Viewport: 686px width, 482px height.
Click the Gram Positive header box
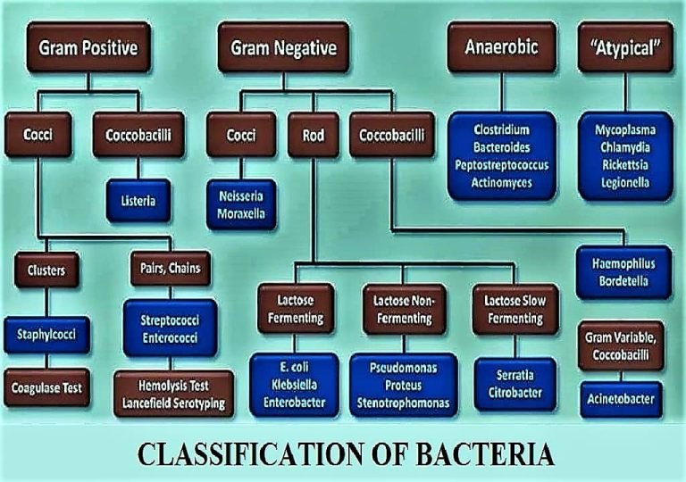pyautogui.click(x=88, y=47)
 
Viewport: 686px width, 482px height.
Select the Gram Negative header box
pyautogui.click(x=283, y=47)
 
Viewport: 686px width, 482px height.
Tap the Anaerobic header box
pyautogui.click(x=501, y=46)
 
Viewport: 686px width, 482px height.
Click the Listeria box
pyautogui.click(x=138, y=201)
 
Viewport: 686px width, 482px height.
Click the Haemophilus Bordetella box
pyautogui.click(x=623, y=272)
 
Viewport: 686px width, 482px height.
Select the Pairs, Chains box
pyautogui.click(x=170, y=268)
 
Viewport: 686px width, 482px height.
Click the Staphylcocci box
pyautogui.click(x=46, y=335)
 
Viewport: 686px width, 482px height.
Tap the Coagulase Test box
pyautogui.click(x=46, y=388)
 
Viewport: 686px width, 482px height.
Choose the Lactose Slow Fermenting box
pyautogui.click(x=506, y=309)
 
